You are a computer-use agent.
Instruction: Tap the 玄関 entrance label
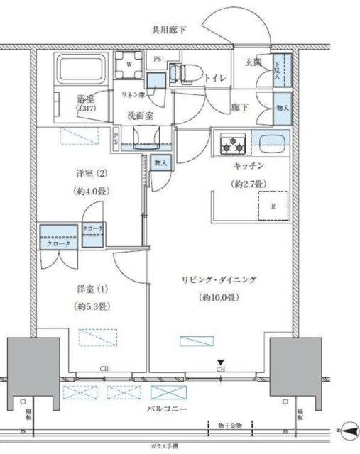254,63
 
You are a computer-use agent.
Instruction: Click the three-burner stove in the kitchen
232,144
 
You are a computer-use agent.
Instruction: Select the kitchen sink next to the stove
271,142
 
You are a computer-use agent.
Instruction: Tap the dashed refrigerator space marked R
272,206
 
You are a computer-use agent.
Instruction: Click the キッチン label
249,165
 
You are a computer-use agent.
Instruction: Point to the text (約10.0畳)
219,297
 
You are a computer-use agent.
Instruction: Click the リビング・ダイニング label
219,279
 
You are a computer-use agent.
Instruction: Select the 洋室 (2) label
90,172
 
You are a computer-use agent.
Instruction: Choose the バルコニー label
168,410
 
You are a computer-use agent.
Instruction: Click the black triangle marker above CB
221,362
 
